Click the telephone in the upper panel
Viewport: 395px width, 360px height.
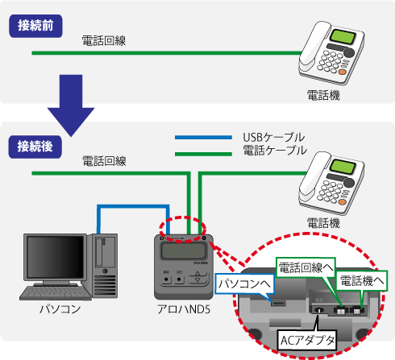[x=330, y=52]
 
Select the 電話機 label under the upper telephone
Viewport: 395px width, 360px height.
[x=324, y=94]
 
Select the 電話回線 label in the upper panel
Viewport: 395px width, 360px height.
[x=102, y=39]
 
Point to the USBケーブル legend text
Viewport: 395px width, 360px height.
[x=273, y=137]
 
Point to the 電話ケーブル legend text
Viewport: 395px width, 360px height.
[x=274, y=150]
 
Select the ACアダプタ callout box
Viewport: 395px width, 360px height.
[x=307, y=339]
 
